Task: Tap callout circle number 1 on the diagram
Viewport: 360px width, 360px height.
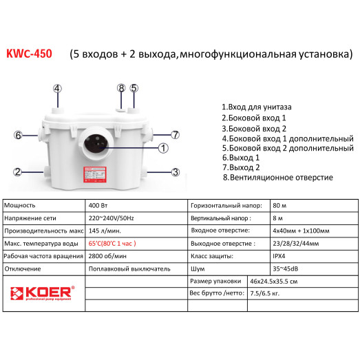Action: point(163,147)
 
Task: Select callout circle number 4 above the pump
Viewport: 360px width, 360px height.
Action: point(57,88)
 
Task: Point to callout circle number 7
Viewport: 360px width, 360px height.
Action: point(175,134)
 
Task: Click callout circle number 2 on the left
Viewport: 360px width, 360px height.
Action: point(19,172)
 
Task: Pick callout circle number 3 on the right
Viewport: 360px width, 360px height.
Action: point(176,172)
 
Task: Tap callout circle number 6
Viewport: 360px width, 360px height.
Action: point(19,135)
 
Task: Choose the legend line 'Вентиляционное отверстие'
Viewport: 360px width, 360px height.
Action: point(279,177)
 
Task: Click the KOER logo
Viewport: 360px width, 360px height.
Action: point(41,290)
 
